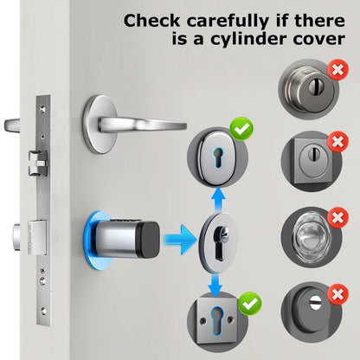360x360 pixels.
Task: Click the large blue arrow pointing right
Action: [179, 238]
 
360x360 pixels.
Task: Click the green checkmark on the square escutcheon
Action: [249, 304]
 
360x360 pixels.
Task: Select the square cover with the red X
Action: [308, 159]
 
